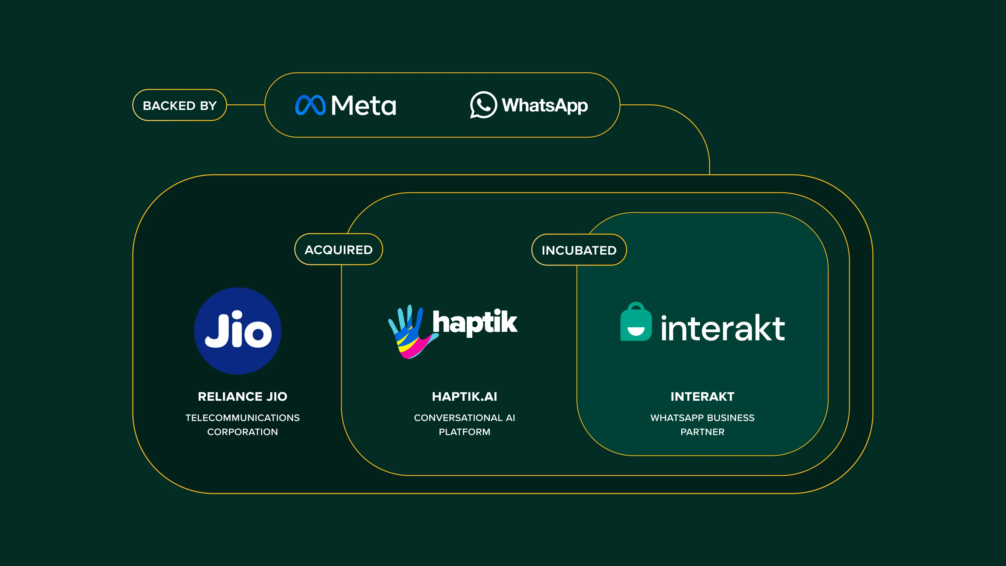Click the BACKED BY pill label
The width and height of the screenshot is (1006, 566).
pos(180,105)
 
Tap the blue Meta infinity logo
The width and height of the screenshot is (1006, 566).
pos(310,105)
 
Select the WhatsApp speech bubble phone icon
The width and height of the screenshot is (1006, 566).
pos(483,105)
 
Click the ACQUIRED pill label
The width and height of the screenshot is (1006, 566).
pos(339,250)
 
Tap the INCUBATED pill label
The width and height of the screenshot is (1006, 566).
pos(579,250)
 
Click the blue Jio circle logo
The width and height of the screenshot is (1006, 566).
pos(238,331)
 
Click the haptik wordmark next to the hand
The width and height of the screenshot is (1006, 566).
pos(475,322)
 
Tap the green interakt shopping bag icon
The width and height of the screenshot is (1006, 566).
pos(636,322)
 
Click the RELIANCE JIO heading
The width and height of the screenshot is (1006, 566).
pos(242,397)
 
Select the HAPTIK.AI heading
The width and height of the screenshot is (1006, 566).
pos(464,397)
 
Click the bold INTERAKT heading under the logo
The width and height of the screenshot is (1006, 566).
pos(702,397)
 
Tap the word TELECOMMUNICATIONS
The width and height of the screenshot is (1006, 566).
pos(242,418)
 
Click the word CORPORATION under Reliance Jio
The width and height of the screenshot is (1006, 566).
pos(242,432)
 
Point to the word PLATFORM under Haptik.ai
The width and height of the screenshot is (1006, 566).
pos(464,432)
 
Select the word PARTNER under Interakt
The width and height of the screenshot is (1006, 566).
pos(702,432)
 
